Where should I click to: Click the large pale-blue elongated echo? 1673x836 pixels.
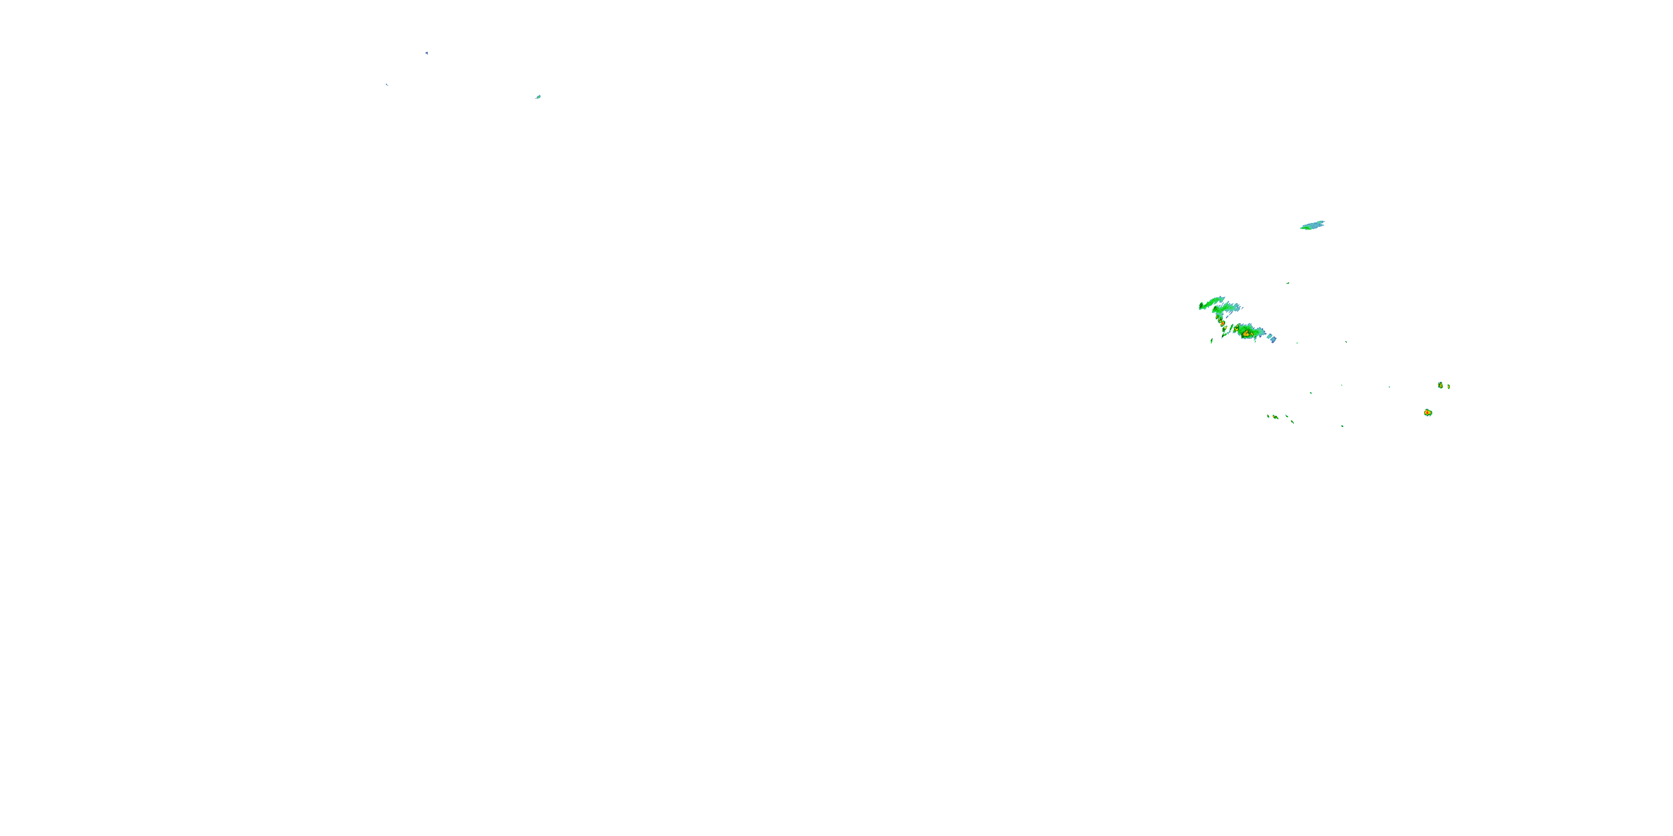pyautogui.click(x=1314, y=225)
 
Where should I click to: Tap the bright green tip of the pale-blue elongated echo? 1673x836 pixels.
pyautogui.click(x=1303, y=227)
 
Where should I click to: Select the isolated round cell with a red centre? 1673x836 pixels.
pyautogui.click(x=1428, y=412)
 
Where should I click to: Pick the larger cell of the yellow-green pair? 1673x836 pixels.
pyautogui.click(x=1440, y=385)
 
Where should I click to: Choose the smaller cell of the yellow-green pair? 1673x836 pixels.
pyautogui.click(x=1449, y=386)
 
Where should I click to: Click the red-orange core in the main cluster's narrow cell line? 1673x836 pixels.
pyautogui.click(x=1222, y=323)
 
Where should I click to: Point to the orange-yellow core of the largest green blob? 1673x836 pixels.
pyautogui.click(x=1246, y=333)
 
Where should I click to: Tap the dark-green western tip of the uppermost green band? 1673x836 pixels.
pyautogui.click(x=1201, y=306)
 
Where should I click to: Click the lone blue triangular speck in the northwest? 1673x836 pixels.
pyautogui.click(x=426, y=52)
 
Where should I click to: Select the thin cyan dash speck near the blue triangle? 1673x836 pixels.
pyautogui.click(x=387, y=84)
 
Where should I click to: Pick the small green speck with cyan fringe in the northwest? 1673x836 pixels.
pyautogui.click(x=538, y=97)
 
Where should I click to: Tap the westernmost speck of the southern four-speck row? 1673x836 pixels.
pyautogui.click(x=1268, y=415)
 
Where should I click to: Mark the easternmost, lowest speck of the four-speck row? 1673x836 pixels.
pyautogui.click(x=1292, y=422)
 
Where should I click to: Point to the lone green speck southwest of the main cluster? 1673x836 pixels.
pyautogui.click(x=1212, y=340)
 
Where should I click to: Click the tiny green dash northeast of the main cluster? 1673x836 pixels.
pyautogui.click(x=1288, y=283)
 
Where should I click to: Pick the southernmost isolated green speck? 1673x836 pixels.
pyautogui.click(x=1342, y=426)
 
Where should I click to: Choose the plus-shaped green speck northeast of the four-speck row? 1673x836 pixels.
pyautogui.click(x=1311, y=393)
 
